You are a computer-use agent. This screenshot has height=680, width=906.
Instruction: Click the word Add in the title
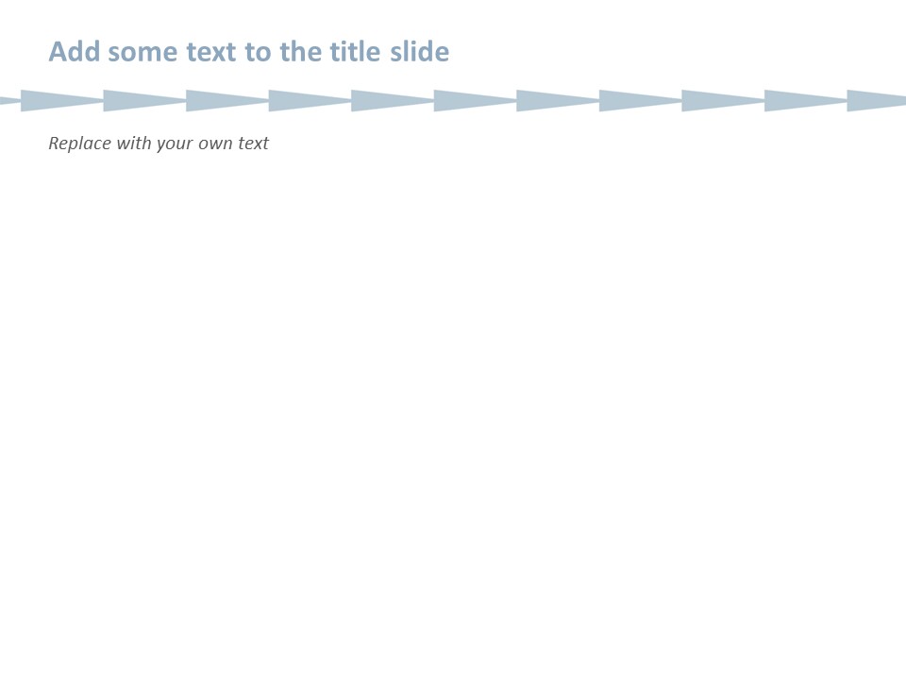click(x=75, y=52)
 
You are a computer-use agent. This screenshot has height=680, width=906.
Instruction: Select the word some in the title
click(x=142, y=52)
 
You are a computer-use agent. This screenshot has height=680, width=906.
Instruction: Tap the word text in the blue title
click(x=211, y=52)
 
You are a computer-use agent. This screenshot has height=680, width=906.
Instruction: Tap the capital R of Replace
click(x=54, y=144)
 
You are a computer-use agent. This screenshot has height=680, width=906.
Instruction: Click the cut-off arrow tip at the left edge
click(x=8, y=100)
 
